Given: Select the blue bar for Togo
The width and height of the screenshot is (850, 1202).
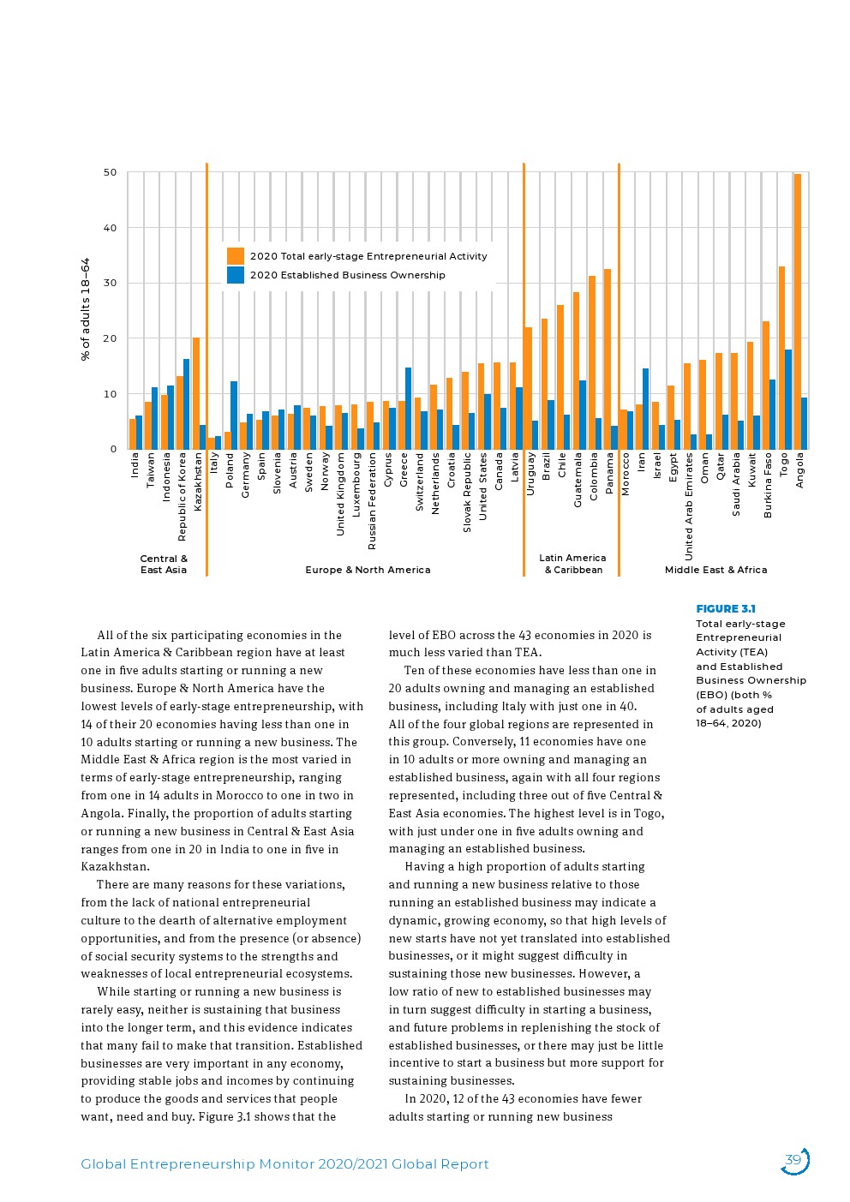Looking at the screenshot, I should tap(788, 399).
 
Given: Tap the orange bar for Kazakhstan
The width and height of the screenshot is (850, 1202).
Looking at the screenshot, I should tap(196, 393).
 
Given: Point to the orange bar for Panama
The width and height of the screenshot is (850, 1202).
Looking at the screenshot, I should tap(608, 359).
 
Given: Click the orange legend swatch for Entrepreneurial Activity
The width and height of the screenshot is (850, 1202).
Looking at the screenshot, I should tap(236, 256).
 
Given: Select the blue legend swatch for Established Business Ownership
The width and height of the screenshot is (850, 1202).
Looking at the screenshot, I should tap(236, 275).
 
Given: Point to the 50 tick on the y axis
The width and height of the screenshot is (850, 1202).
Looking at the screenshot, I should tap(111, 172).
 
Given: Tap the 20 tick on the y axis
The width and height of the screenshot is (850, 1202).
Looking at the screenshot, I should tap(111, 338).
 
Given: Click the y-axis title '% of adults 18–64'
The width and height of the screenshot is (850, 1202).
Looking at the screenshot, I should tap(86, 309).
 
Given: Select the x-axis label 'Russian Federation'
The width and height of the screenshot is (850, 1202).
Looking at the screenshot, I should tap(372, 501).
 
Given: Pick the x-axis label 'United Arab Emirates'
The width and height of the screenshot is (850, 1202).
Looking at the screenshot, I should tap(689, 506).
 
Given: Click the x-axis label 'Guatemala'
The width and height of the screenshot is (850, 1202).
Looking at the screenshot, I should tap(578, 480).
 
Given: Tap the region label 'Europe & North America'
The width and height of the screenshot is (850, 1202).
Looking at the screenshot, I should tap(368, 570).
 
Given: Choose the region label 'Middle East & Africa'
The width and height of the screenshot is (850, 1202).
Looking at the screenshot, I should tap(715, 570).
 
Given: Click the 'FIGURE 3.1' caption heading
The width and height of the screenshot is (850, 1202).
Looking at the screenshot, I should tap(725, 609).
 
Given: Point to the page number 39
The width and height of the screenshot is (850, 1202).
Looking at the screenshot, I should tap(793, 1161).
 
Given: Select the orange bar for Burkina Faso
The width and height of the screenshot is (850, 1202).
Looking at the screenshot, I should tap(766, 386).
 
